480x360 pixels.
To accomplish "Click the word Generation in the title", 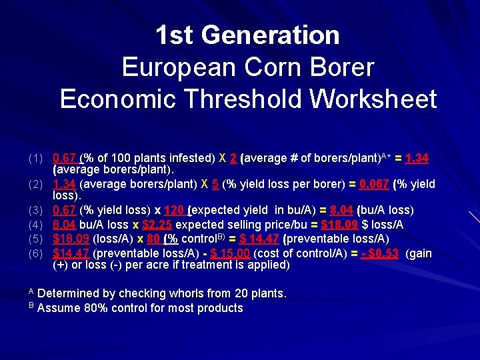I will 275,35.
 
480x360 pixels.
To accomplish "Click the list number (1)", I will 35,159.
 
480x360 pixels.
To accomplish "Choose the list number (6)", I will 35,253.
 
